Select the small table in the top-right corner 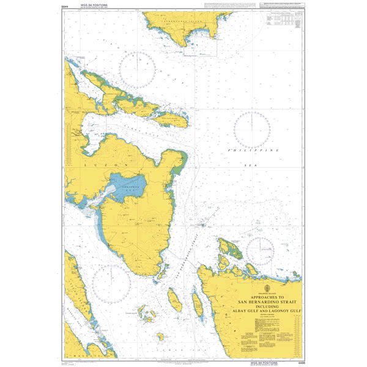(280, 21)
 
